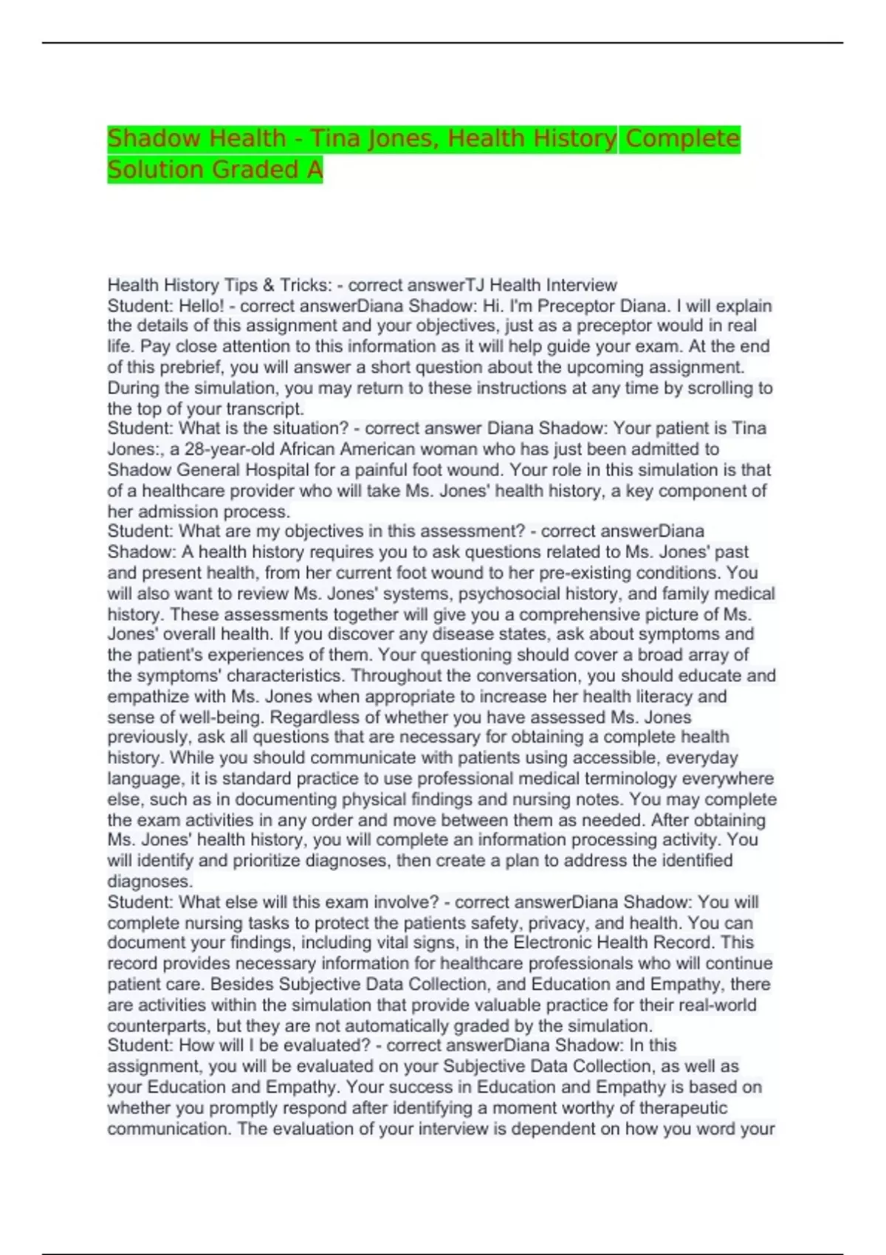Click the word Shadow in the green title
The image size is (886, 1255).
(x=155, y=138)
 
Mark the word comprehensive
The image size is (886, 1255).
(x=572, y=614)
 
